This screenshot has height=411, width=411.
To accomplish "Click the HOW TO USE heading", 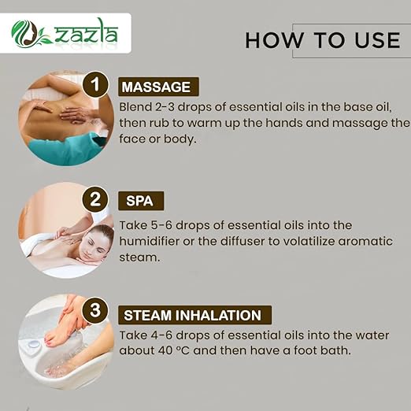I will (323, 39).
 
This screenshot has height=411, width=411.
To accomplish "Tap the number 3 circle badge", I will (96, 311).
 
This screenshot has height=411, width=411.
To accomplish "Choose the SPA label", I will (140, 200).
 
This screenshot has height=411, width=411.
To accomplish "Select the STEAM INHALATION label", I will (193, 315).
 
